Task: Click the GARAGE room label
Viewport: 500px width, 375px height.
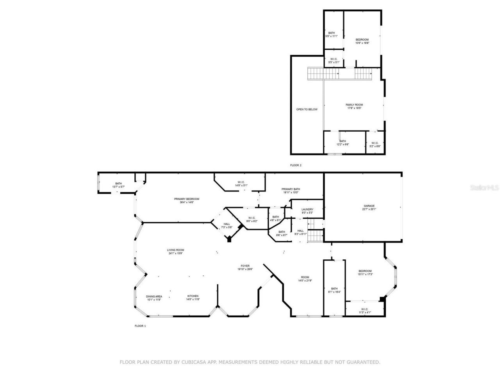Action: (x=369, y=206)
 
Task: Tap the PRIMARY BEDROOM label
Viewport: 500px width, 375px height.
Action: (x=187, y=199)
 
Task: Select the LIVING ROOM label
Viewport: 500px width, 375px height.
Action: (x=175, y=250)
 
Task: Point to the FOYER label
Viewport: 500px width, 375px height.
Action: (x=245, y=266)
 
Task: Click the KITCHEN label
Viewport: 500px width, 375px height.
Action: (x=193, y=296)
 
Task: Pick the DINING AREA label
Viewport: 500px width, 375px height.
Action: (x=154, y=296)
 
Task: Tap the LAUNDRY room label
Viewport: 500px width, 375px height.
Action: (x=307, y=209)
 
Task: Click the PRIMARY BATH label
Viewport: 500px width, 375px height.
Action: (x=291, y=189)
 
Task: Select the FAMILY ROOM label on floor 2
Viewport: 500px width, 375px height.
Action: (x=354, y=105)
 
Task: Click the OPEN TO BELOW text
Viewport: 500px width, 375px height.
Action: (x=307, y=109)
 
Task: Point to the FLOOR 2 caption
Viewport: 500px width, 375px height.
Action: (x=296, y=165)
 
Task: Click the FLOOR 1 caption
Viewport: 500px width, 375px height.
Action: (x=140, y=326)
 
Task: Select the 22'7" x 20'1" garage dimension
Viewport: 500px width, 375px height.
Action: (x=369, y=209)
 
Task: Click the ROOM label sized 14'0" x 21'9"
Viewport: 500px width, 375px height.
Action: (x=305, y=277)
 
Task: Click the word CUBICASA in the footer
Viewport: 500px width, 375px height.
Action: (x=191, y=362)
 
